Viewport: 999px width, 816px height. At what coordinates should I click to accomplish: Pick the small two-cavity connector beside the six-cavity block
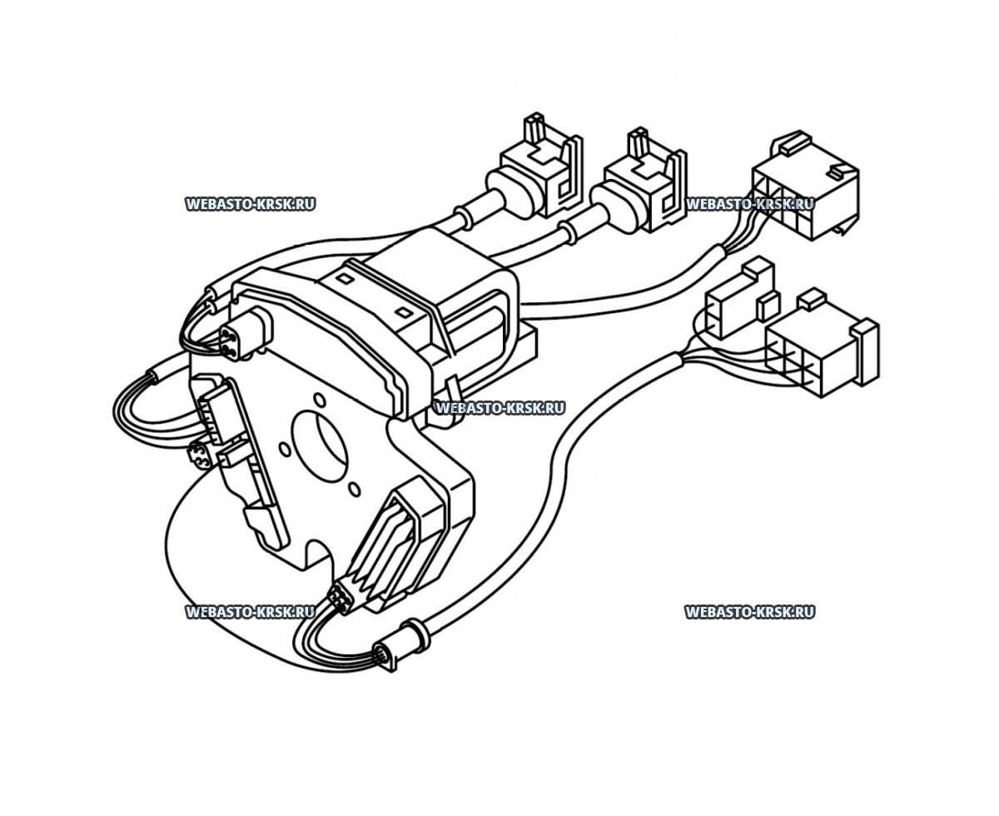[x=736, y=300]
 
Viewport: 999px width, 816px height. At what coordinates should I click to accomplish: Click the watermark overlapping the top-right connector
[x=748, y=204]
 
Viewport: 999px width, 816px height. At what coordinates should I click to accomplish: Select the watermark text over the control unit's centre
[x=499, y=408]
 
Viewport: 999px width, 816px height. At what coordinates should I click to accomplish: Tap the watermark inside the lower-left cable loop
[x=250, y=612]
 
